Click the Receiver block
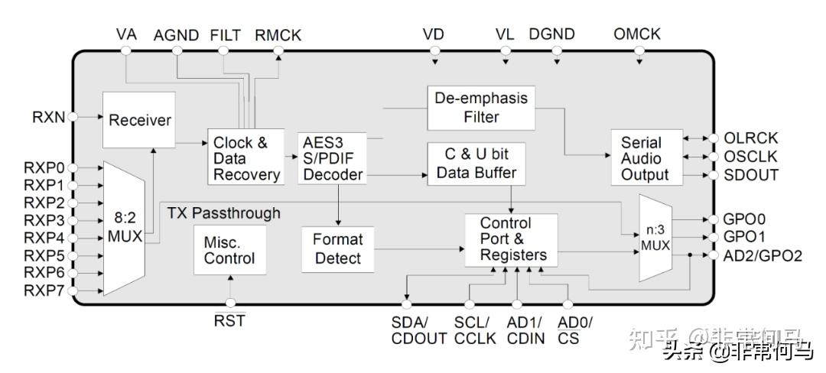[139, 120]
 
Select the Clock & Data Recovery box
[246, 158]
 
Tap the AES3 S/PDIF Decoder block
[332, 158]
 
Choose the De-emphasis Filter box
[480, 108]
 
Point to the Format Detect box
[337, 248]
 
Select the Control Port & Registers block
[512, 240]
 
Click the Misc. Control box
[229, 249]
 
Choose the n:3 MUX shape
[652, 236]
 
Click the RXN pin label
[48, 117]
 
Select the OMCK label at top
[636, 34]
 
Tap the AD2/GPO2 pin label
[763, 255]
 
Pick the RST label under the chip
[229, 321]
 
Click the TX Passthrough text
[223, 212]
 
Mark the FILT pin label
[224, 34]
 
